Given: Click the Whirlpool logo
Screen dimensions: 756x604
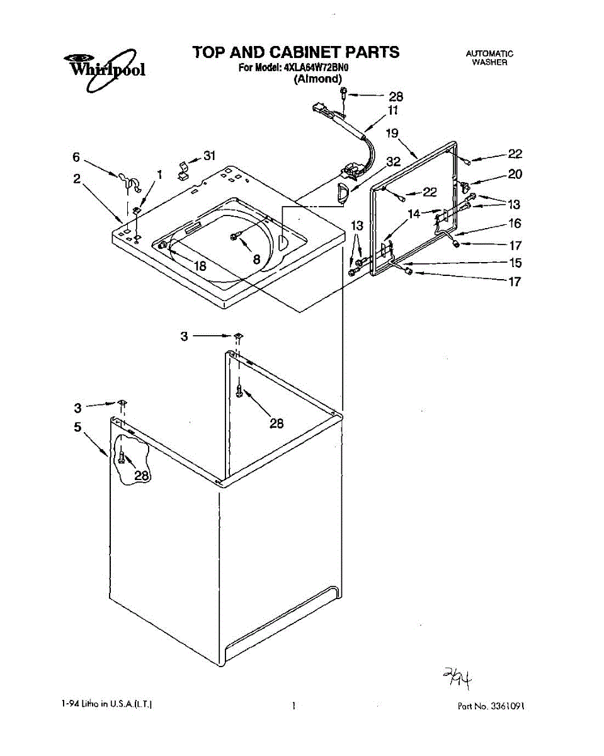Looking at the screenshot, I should (x=105, y=66).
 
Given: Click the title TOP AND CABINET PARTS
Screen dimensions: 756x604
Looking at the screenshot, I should (x=296, y=52).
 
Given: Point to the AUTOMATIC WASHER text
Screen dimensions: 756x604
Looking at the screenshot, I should (x=489, y=58).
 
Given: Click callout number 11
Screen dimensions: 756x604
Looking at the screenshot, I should (x=393, y=110).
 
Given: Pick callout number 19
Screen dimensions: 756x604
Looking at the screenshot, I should (x=392, y=133).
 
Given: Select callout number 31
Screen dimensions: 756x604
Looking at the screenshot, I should (x=209, y=156).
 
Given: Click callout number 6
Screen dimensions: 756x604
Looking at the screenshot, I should (x=76, y=157).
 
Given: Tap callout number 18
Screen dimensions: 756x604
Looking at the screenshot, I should (x=200, y=266).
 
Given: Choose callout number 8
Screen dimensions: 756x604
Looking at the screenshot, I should (x=257, y=258).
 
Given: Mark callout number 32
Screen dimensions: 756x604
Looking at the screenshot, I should (x=393, y=162).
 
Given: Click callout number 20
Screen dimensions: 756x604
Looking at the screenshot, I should (x=515, y=175).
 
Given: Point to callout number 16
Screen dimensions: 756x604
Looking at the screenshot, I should (x=515, y=223).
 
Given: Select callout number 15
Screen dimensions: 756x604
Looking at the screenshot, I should (x=515, y=263).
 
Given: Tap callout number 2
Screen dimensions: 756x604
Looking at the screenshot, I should (x=76, y=179).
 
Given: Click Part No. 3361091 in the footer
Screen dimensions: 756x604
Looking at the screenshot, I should (x=491, y=706).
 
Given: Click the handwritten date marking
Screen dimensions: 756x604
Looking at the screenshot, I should (x=458, y=679).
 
